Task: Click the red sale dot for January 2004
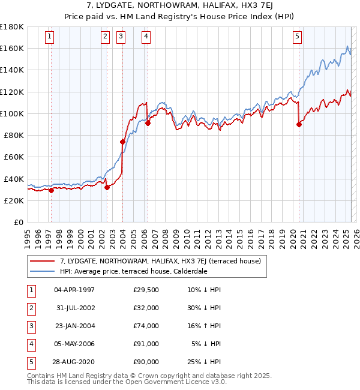pyautogui.click(x=122, y=142)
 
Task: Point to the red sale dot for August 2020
pyautogui.click(x=299, y=125)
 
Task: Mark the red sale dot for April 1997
pyautogui.click(x=51, y=191)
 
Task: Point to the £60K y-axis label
pyautogui.click(x=13, y=157)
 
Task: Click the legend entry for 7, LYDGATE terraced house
pyautogui.click(x=160, y=261)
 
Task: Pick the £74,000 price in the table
pyautogui.click(x=146, y=326)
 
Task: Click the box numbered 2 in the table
pyautogui.click(x=31, y=308)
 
